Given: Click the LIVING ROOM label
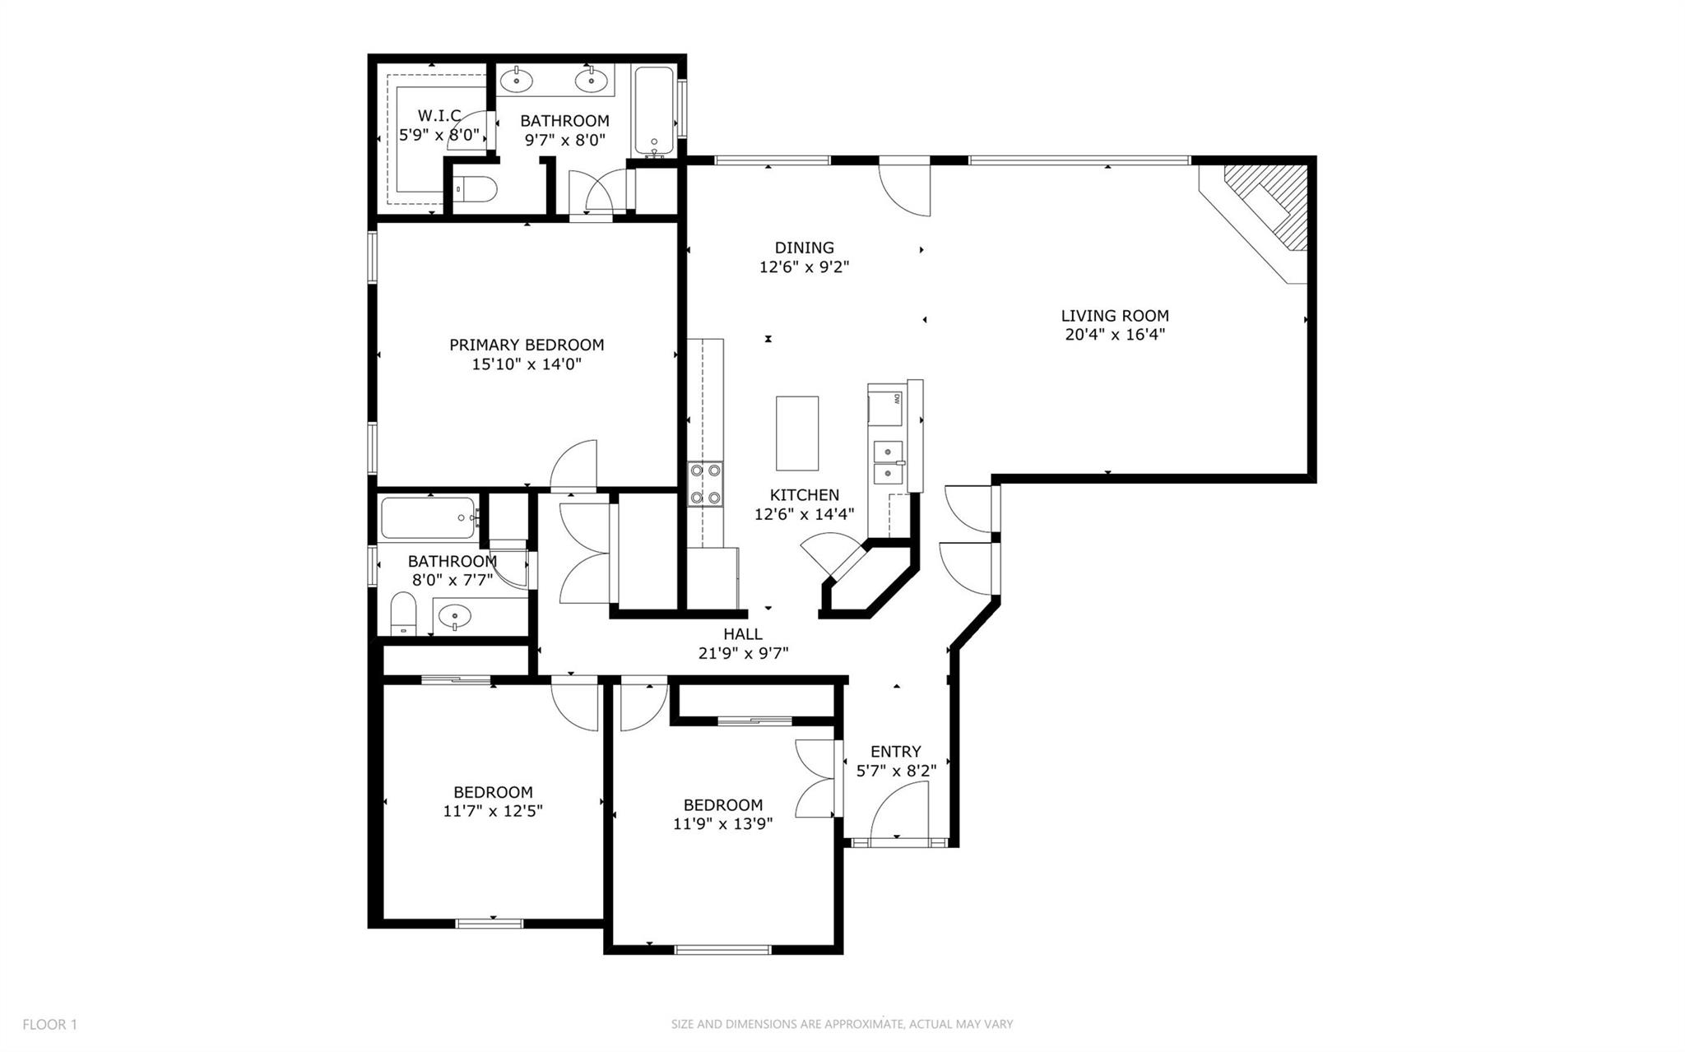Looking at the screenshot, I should (1114, 315).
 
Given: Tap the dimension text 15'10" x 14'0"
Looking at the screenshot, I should (526, 364).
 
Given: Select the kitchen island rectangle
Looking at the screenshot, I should (796, 433).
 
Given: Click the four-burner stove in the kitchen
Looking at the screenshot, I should (706, 484).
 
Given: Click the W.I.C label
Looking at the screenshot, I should (439, 115).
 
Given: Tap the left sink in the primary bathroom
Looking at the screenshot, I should (517, 81).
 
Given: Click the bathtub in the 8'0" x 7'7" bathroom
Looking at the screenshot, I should (428, 517).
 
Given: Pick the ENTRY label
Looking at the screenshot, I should (895, 751).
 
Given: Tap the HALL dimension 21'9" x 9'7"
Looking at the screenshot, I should (742, 654).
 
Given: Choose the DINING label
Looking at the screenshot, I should (804, 248).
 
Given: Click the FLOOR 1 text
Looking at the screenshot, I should (49, 1024).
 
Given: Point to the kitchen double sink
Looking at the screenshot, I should (888, 463).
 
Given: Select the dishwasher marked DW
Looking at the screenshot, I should (887, 405).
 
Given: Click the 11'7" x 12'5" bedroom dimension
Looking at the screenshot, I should (492, 811).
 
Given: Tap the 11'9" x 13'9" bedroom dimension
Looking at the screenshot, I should (722, 823).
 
